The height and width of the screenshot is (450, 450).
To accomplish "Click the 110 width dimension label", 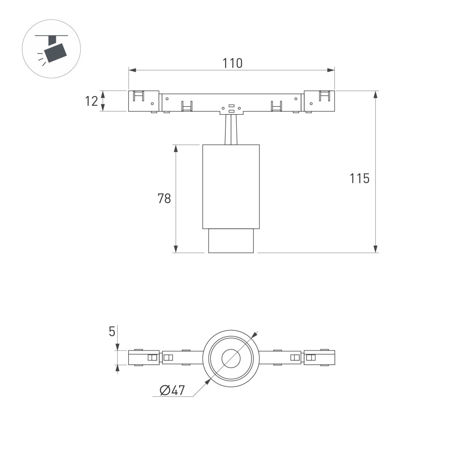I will pos(232,63).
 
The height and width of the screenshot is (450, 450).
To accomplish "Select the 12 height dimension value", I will pos(91,101).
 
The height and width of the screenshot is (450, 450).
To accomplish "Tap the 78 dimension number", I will pos(164,198).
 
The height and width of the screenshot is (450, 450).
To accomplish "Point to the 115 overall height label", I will pos(360,179).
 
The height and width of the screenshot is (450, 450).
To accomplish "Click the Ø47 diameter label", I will pos(172,390).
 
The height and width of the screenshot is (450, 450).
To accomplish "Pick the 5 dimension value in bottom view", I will pos(112,331).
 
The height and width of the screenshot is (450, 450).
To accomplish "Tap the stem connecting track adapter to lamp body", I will pos(231,129).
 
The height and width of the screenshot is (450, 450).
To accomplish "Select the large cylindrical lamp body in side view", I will pos(231,186).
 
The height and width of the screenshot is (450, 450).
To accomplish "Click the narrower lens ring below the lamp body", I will pos(231,240).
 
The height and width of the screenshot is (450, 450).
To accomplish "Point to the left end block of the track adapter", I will pos(144,101).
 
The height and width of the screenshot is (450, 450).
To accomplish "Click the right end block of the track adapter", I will pos(319,101).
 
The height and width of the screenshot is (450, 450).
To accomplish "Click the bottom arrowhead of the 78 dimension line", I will pos(175,249).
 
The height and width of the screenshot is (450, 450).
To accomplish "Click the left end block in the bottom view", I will pos(144,358).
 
